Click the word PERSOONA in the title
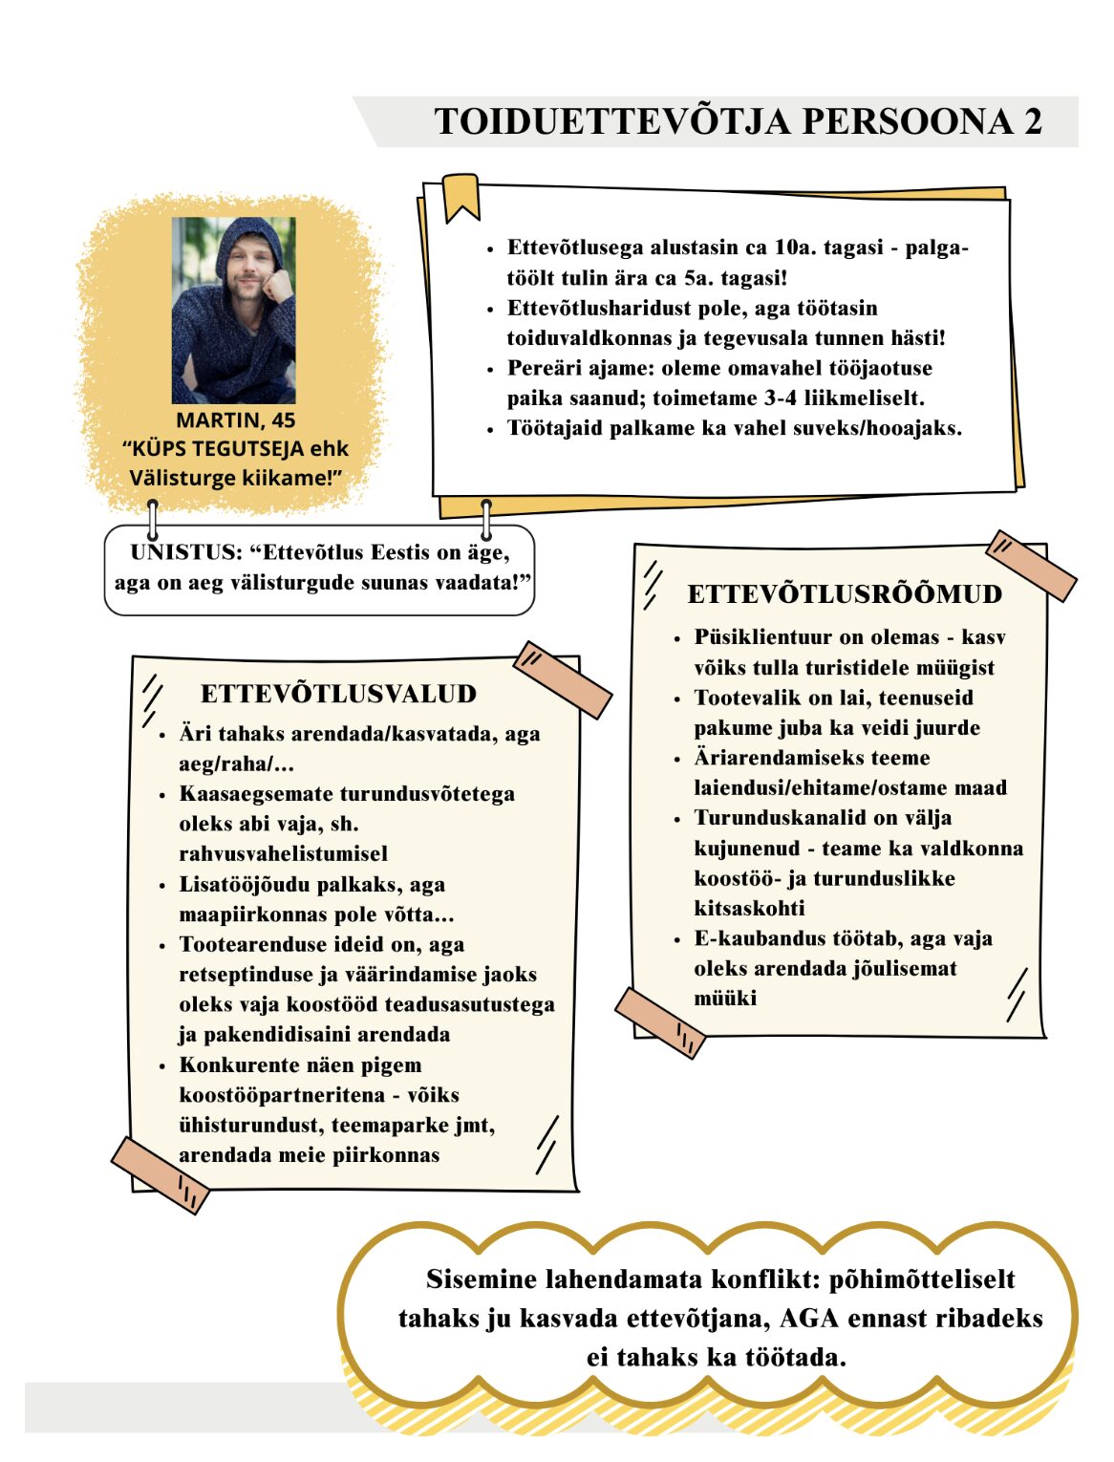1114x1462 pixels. click(908, 122)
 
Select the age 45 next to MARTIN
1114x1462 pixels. click(283, 420)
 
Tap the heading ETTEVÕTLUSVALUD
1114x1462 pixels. click(338, 694)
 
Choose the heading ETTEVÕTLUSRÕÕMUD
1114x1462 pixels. click(845, 594)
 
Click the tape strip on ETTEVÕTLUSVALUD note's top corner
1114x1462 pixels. click(563, 679)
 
